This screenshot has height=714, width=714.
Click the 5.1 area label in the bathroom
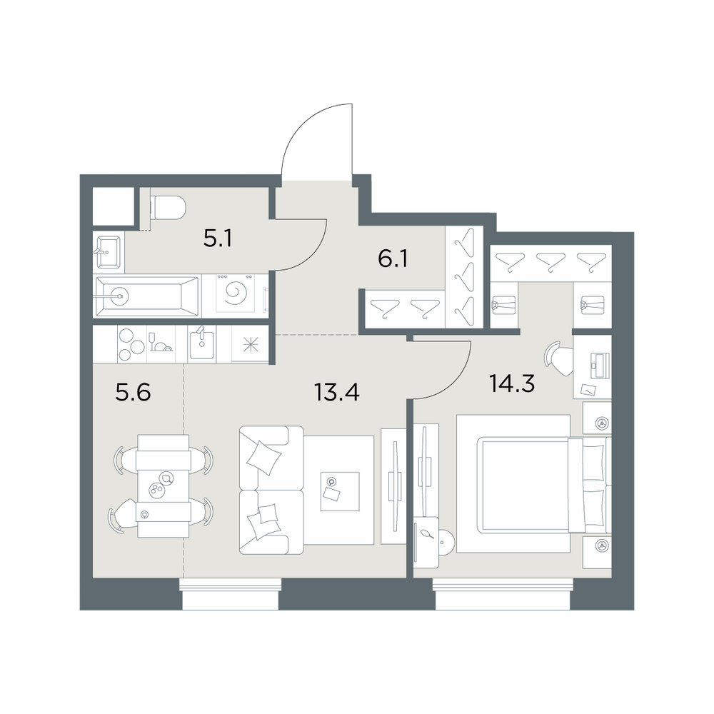point(218,238)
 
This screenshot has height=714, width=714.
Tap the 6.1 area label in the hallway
point(393,258)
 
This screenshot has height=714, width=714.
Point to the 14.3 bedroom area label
point(512,383)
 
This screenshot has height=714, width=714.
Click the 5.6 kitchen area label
point(133,392)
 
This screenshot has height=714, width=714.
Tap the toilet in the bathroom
point(168,208)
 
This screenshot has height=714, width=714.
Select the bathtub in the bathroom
point(146,296)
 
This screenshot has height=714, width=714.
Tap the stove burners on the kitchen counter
point(131,343)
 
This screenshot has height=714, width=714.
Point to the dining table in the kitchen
point(163,486)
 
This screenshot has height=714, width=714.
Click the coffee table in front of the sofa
point(340,491)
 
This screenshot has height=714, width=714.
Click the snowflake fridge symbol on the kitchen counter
point(250,345)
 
